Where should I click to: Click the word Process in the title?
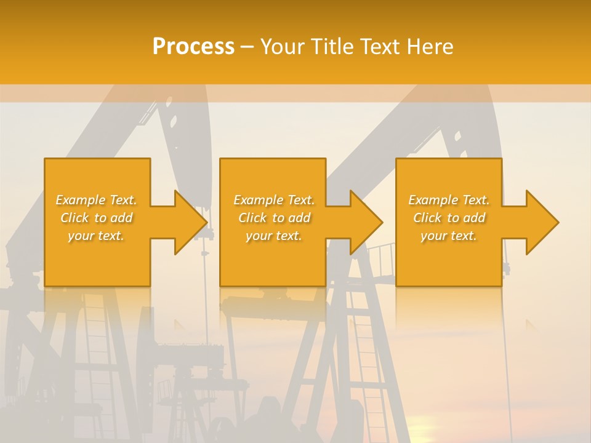[193, 47]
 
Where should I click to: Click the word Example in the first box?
[81, 200]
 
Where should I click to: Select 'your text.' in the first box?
[96, 236]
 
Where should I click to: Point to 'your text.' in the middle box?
[274, 236]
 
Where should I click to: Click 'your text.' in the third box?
[449, 236]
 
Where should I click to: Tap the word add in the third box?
[474, 218]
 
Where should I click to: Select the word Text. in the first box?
[123, 200]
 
